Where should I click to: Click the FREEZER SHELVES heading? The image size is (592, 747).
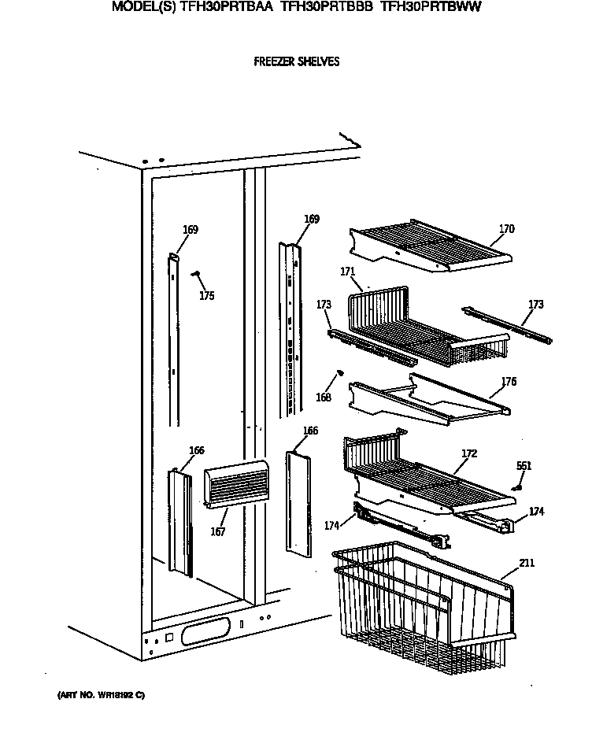pos(297,61)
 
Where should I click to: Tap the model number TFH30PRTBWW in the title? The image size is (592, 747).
pos(431,6)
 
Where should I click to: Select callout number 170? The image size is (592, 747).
pos(506,229)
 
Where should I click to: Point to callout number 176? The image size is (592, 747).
pos(509,382)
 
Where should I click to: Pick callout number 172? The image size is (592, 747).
pos(469,453)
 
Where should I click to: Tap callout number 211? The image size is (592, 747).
pos(526,563)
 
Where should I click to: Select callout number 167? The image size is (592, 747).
pos(218,532)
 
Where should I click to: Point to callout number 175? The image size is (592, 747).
pos(206,296)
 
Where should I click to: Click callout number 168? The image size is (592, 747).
pos(324,398)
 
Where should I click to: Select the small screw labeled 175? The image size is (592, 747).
pos(196,274)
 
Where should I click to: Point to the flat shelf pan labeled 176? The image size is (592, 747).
pos(429,398)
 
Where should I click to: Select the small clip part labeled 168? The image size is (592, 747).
pos(339,372)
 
